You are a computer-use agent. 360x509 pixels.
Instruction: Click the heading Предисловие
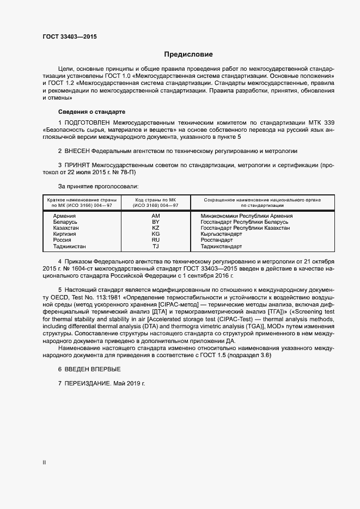188,54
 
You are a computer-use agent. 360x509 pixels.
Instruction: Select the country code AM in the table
155,216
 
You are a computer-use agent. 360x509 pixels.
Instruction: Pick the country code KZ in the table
155,228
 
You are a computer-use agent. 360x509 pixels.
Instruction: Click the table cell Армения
64,216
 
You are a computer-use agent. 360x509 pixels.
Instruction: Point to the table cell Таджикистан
69,246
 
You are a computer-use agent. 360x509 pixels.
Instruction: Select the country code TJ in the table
155,246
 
